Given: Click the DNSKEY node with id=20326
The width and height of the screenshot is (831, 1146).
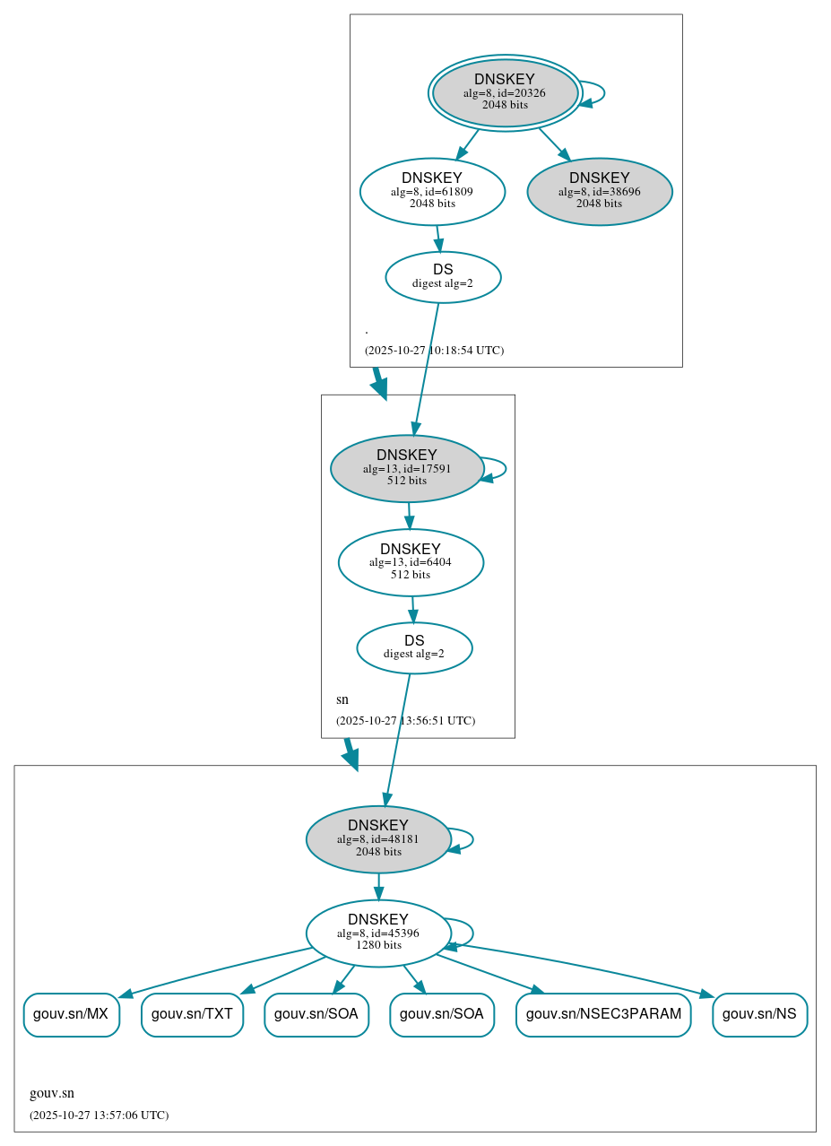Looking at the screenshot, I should [505, 92].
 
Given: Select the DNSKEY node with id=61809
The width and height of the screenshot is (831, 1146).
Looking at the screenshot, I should [432, 191].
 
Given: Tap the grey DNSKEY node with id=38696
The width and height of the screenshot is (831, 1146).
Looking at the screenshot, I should [599, 191].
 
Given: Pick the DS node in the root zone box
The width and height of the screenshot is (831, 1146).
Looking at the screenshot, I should [443, 277].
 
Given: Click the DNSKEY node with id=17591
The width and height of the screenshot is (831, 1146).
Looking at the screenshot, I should [407, 468].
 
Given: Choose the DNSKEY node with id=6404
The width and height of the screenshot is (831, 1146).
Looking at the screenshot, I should [411, 562].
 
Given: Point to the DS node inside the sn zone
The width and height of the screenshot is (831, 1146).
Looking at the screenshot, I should [414, 648].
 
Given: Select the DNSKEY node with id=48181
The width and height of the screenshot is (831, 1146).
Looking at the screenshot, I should [378, 839].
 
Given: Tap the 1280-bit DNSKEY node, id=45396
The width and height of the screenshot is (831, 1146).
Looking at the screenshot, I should [378, 933].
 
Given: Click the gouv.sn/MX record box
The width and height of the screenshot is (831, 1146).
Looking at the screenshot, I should [71, 1014].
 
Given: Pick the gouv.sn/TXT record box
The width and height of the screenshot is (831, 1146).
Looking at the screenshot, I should [192, 1014].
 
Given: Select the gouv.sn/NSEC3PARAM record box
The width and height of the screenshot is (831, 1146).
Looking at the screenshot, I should [603, 1014].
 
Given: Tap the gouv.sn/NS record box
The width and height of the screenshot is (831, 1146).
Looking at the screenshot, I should [759, 1014].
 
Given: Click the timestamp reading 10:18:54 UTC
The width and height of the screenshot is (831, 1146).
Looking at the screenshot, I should [434, 351].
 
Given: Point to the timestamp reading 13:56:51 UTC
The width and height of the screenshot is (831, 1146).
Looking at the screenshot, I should [405, 721].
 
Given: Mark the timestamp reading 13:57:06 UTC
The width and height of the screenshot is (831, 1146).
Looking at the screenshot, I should [99, 1116].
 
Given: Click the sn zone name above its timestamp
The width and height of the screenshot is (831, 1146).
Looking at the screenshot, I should [342, 699].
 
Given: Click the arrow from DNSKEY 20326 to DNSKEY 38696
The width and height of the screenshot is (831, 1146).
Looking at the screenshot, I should [553, 143].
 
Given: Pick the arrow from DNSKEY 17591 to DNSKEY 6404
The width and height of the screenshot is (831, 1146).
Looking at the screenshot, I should [409, 515].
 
